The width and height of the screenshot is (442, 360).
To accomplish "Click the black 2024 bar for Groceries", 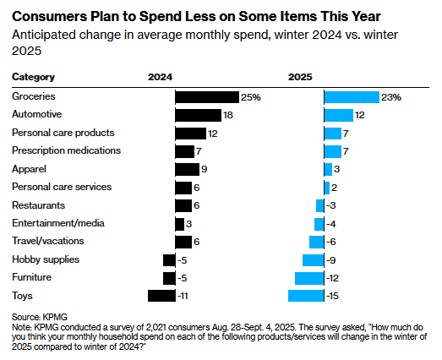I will (x=207, y=97).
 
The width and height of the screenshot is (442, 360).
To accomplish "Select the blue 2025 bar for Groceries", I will (x=352, y=97).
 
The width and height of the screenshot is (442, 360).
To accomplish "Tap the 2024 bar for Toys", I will (x=161, y=296).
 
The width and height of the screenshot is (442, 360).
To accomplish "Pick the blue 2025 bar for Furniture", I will (x=309, y=277).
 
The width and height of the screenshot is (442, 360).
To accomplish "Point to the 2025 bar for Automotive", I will (x=338, y=115).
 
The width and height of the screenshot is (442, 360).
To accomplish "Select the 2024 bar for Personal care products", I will (x=190, y=134).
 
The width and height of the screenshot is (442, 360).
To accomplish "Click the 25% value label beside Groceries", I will (x=251, y=97).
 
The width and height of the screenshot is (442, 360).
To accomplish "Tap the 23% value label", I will (x=390, y=97).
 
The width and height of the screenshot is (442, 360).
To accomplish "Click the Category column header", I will (x=33, y=77).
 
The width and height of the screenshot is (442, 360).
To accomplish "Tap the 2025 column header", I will (x=300, y=77).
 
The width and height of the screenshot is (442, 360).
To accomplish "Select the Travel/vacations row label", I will (x=47, y=241).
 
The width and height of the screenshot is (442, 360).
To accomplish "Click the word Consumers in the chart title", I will (x=49, y=16).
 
